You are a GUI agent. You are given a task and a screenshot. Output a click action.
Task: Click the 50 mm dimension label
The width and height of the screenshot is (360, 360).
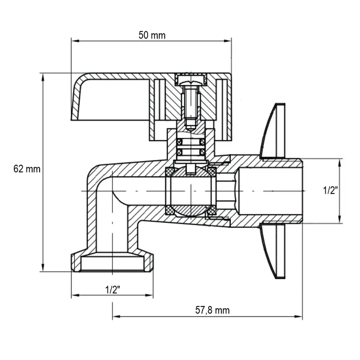[x=152, y=35]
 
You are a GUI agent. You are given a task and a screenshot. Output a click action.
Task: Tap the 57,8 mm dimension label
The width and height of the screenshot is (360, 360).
[x=212, y=310]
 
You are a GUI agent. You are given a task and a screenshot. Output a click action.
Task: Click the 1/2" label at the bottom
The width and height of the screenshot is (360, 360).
[x=113, y=289]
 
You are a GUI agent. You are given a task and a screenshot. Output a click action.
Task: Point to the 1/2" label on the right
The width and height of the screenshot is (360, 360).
[x=331, y=190]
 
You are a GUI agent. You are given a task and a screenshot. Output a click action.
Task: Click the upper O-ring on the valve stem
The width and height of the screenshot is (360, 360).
[x=191, y=142]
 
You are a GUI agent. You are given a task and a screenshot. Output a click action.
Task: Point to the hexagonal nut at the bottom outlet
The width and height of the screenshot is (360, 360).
[x=113, y=262]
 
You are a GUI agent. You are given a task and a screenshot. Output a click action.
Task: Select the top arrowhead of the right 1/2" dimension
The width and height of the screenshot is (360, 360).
[x=340, y=162]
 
